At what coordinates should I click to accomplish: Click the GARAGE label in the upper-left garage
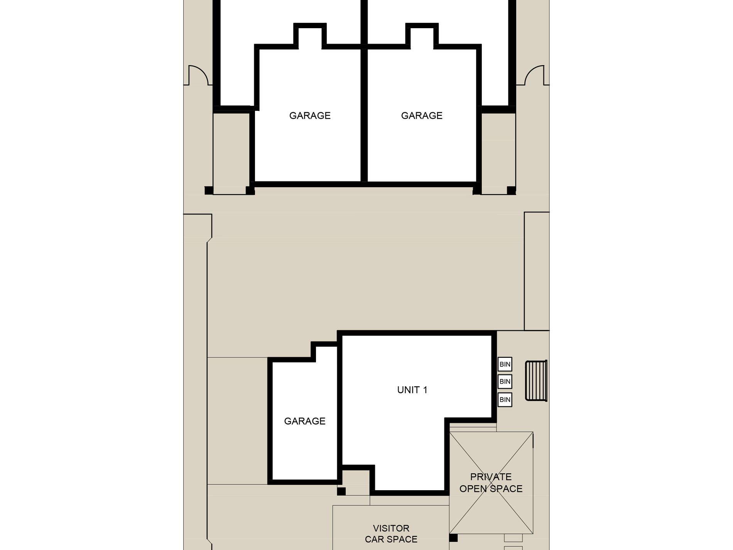click(310, 115)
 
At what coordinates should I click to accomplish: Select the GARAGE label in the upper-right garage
click(422, 115)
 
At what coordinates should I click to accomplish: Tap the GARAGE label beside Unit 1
click(305, 421)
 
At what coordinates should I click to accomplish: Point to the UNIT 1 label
click(412, 390)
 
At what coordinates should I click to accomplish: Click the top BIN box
click(505, 364)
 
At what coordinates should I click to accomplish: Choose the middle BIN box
click(505, 381)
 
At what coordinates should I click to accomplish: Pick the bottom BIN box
click(505, 399)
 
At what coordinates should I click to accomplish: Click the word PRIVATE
click(491, 477)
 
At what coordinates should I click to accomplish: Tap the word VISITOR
click(391, 528)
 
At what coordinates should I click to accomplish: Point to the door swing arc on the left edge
click(198, 75)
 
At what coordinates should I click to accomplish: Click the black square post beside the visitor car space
click(453, 538)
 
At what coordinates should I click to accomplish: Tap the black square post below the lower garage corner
click(341, 491)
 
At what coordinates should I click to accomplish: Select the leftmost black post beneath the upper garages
click(209, 190)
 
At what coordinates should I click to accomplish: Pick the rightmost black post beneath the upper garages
click(511, 190)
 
